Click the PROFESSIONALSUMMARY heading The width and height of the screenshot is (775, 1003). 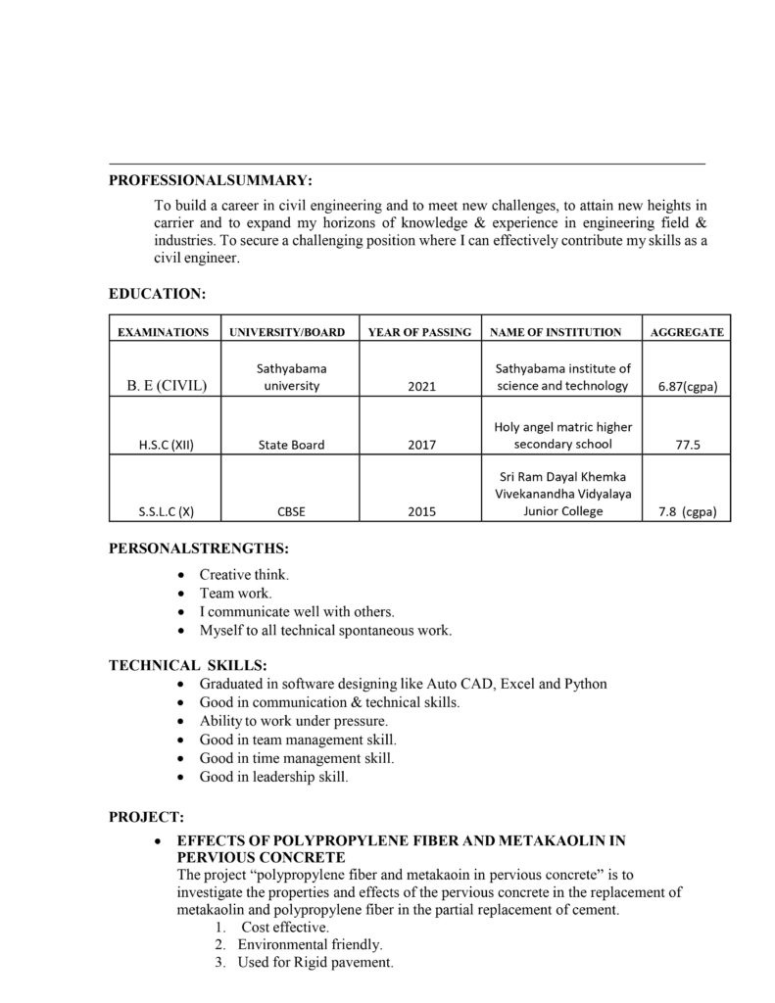210,181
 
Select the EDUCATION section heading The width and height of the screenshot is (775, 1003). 157,293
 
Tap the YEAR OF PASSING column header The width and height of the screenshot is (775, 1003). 419,332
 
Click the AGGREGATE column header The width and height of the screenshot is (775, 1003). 687,332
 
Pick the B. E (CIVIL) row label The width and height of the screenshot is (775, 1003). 167,386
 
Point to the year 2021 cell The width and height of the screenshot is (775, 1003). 419,387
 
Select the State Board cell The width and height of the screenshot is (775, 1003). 291,445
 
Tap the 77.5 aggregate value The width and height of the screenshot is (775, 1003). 687,445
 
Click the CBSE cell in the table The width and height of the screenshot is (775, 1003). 291,511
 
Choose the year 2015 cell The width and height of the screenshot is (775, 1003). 419,511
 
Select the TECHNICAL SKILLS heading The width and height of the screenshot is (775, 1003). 187,665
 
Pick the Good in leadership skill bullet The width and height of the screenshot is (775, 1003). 273,777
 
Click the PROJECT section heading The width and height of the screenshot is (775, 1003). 146,816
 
